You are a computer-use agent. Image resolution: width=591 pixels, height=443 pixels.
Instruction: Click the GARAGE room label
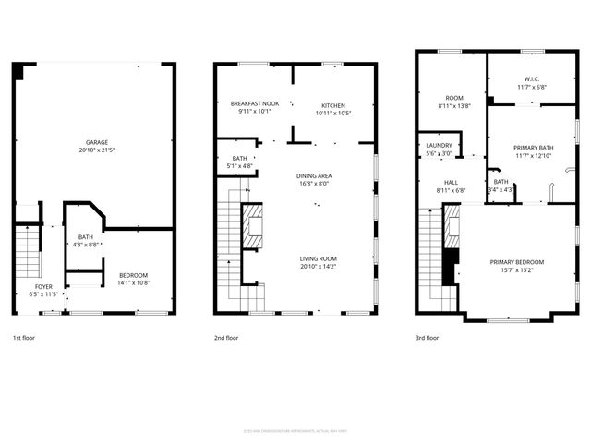92,142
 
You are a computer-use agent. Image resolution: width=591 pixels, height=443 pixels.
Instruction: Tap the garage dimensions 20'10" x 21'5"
92,150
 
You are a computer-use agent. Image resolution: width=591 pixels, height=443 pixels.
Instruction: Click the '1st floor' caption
25,339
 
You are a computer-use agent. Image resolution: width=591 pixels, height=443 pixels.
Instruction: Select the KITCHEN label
333,104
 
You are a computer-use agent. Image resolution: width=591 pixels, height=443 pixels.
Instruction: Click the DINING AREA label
314,175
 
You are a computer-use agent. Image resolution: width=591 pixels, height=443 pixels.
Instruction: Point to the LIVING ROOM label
318,258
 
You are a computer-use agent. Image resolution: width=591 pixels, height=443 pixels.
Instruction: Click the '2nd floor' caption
226,339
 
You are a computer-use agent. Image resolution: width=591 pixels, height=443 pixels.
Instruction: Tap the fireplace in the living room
251,227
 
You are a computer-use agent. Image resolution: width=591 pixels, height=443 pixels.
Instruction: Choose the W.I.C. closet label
531,78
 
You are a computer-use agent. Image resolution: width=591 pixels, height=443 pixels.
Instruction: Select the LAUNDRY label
439,145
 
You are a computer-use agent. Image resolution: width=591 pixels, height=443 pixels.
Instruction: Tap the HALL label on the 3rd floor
451,183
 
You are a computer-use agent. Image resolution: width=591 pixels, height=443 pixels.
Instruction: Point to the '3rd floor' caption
427,339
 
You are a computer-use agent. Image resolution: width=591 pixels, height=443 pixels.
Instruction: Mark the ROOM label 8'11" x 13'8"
453,98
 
